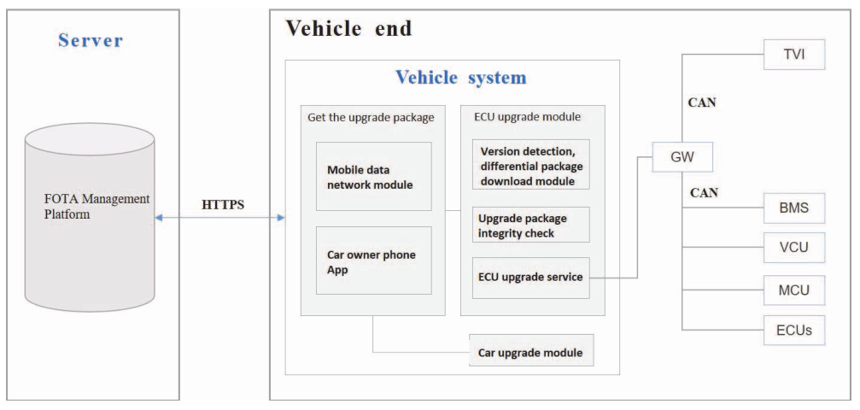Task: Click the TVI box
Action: pos(794,56)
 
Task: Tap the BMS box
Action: pos(794,207)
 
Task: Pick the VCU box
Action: pos(794,249)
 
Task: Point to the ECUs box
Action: pos(794,330)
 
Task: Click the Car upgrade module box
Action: pos(530,352)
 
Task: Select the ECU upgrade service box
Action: pos(530,277)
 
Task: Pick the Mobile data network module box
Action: pos(373,176)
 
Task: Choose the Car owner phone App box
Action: pos(373,261)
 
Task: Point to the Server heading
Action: pos(91,41)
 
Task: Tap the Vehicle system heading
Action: pos(460,78)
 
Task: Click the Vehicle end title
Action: pos(348,28)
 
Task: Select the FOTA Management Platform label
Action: pos(97,206)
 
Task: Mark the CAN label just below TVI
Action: pos(702,103)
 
